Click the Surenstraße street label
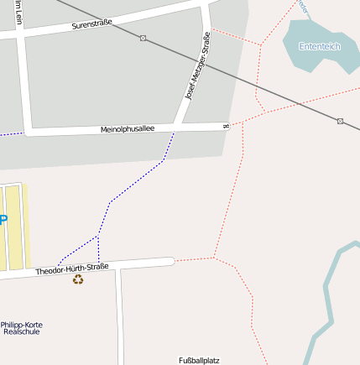(x=92, y=24)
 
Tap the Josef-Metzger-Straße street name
(x=197, y=68)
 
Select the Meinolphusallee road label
(x=128, y=129)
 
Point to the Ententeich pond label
(x=320, y=46)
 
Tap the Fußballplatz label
(x=199, y=360)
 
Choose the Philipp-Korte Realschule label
(x=21, y=328)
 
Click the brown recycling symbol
(x=78, y=279)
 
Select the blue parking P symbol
(x=3, y=220)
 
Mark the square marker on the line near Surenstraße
(x=143, y=38)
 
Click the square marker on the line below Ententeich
(x=340, y=121)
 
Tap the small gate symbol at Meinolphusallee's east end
(x=226, y=127)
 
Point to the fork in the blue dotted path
(x=98, y=237)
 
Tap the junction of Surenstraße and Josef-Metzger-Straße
(x=205, y=9)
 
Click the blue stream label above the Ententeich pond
(x=303, y=8)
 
